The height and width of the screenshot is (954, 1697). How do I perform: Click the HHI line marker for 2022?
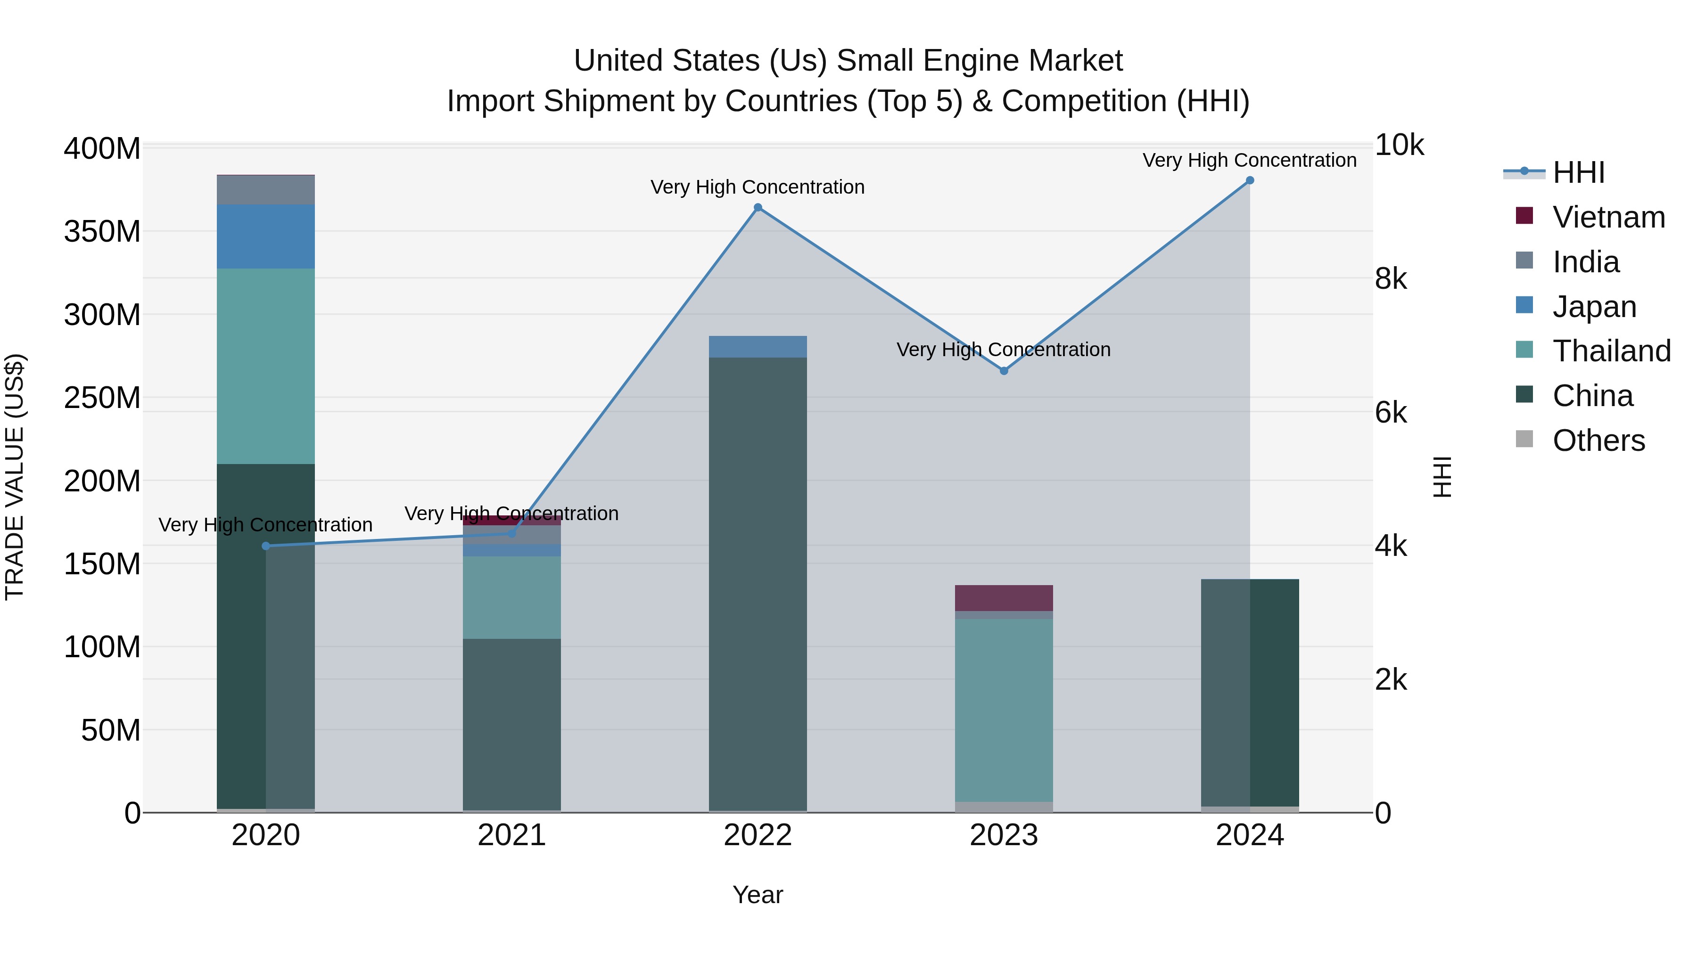pos(758,207)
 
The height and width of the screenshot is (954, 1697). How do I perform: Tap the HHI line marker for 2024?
pos(1250,180)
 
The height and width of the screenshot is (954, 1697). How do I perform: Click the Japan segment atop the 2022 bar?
pos(758,347)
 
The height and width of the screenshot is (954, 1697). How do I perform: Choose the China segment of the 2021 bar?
pos(512,724)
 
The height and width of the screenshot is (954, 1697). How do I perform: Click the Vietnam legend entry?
pos(1608,217)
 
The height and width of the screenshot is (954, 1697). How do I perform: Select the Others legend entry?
pos(1598,440)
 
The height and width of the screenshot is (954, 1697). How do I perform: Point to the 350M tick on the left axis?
pos(102,232)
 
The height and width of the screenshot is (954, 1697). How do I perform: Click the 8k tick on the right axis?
pos(1390,279)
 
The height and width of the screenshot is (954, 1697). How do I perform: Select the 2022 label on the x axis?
pos(758,835)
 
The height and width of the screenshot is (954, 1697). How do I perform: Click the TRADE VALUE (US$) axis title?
pos(15,477)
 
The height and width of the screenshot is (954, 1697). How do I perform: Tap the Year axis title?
pos(758,895)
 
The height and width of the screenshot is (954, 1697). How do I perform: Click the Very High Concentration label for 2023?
pos(1003,350)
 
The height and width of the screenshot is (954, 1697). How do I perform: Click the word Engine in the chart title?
pos(963,61)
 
